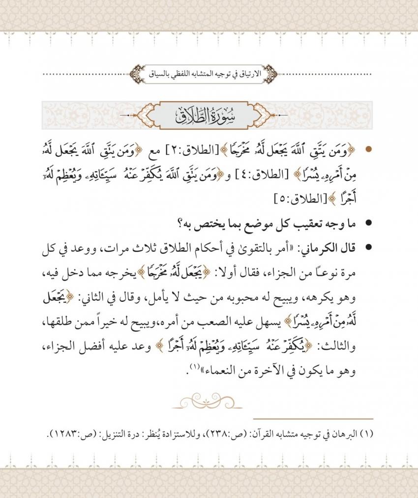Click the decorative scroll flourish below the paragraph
point(209,401)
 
